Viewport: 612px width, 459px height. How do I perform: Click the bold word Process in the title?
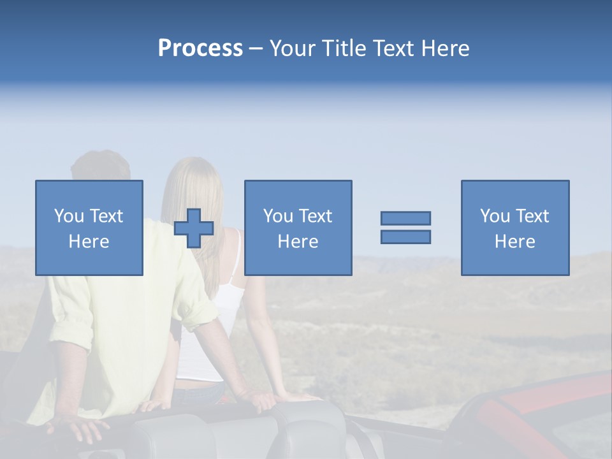click(200, 48)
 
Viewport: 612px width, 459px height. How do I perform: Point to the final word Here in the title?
click(446, 48)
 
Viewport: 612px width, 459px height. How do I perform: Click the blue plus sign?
click(194, 228)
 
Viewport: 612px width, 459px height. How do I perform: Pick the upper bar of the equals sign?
click(405, 219)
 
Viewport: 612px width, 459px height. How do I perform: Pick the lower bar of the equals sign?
click(405, 237)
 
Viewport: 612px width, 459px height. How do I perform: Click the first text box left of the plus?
click(89, 228)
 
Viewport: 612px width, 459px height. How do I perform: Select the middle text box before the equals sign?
click(298, 228)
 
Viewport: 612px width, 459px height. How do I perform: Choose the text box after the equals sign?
click(515, 228)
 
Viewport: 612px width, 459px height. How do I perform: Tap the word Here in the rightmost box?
click(515, 241)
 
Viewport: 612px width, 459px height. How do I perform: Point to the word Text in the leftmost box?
click(106, 216)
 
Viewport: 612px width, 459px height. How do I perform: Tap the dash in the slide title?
click(256, 48)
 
